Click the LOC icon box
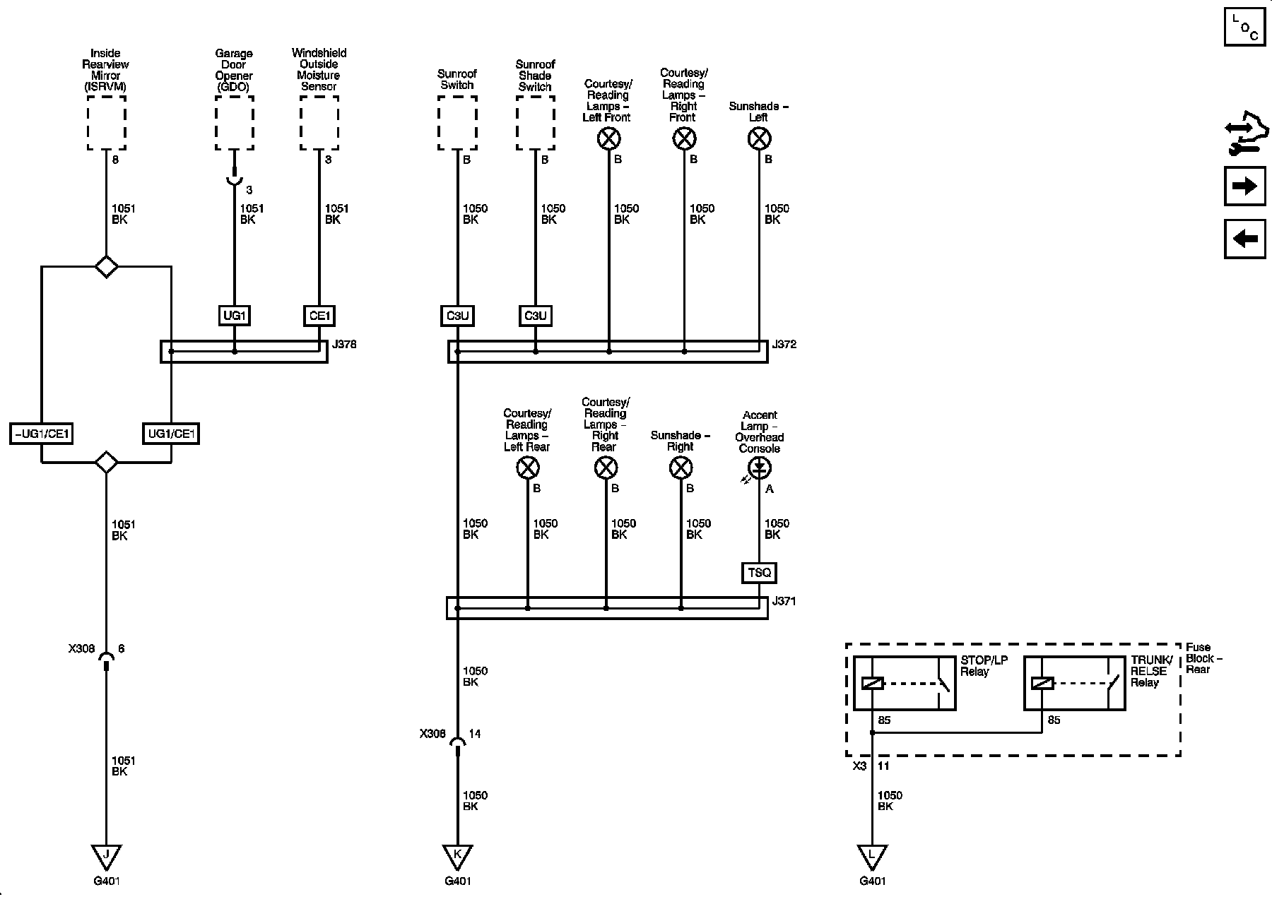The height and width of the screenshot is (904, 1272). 1244,27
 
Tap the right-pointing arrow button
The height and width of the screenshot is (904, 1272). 1244,186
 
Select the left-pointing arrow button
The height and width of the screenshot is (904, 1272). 1244,239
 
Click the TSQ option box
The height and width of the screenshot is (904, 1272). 760,572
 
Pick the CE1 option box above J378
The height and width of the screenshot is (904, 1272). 319,315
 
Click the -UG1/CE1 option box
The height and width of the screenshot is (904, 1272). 42,433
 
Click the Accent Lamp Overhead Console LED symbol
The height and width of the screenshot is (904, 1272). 760,467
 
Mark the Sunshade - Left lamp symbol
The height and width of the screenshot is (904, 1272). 759,138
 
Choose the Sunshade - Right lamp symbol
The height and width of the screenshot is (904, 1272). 681,468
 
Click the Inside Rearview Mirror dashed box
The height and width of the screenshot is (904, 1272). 107,123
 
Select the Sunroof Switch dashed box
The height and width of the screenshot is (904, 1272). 457,123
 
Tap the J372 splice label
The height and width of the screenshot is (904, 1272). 784,345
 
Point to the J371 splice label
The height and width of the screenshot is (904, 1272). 784,601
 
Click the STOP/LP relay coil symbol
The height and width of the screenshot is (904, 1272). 873,683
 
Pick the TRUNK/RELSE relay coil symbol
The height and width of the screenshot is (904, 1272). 1042,683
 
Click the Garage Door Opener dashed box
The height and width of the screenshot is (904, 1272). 234,123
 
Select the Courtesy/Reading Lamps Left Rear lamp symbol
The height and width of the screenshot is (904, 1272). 528,468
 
